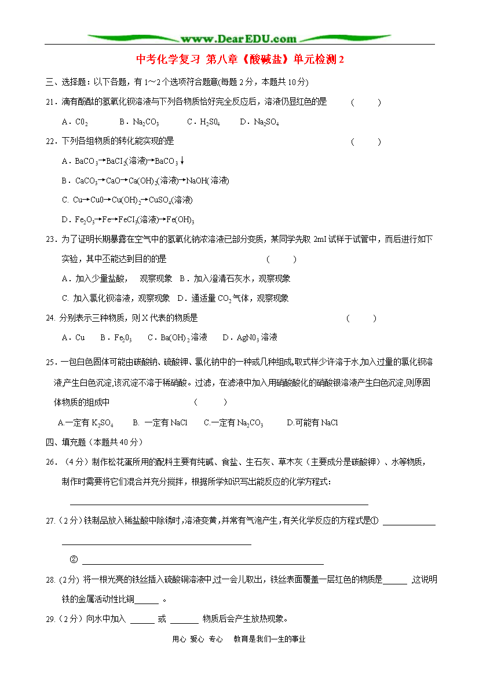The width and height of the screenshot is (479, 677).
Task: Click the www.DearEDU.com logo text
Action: point(239,39)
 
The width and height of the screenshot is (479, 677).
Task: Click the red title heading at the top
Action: point(240,60)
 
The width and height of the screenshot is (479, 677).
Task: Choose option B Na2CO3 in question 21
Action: point(139,122)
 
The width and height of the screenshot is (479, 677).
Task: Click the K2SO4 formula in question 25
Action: point(103,423)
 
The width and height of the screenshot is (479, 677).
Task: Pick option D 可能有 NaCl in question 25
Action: point(313,423)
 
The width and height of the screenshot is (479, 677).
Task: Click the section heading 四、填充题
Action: point(94,442)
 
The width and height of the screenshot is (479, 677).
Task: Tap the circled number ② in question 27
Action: point(74,560)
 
